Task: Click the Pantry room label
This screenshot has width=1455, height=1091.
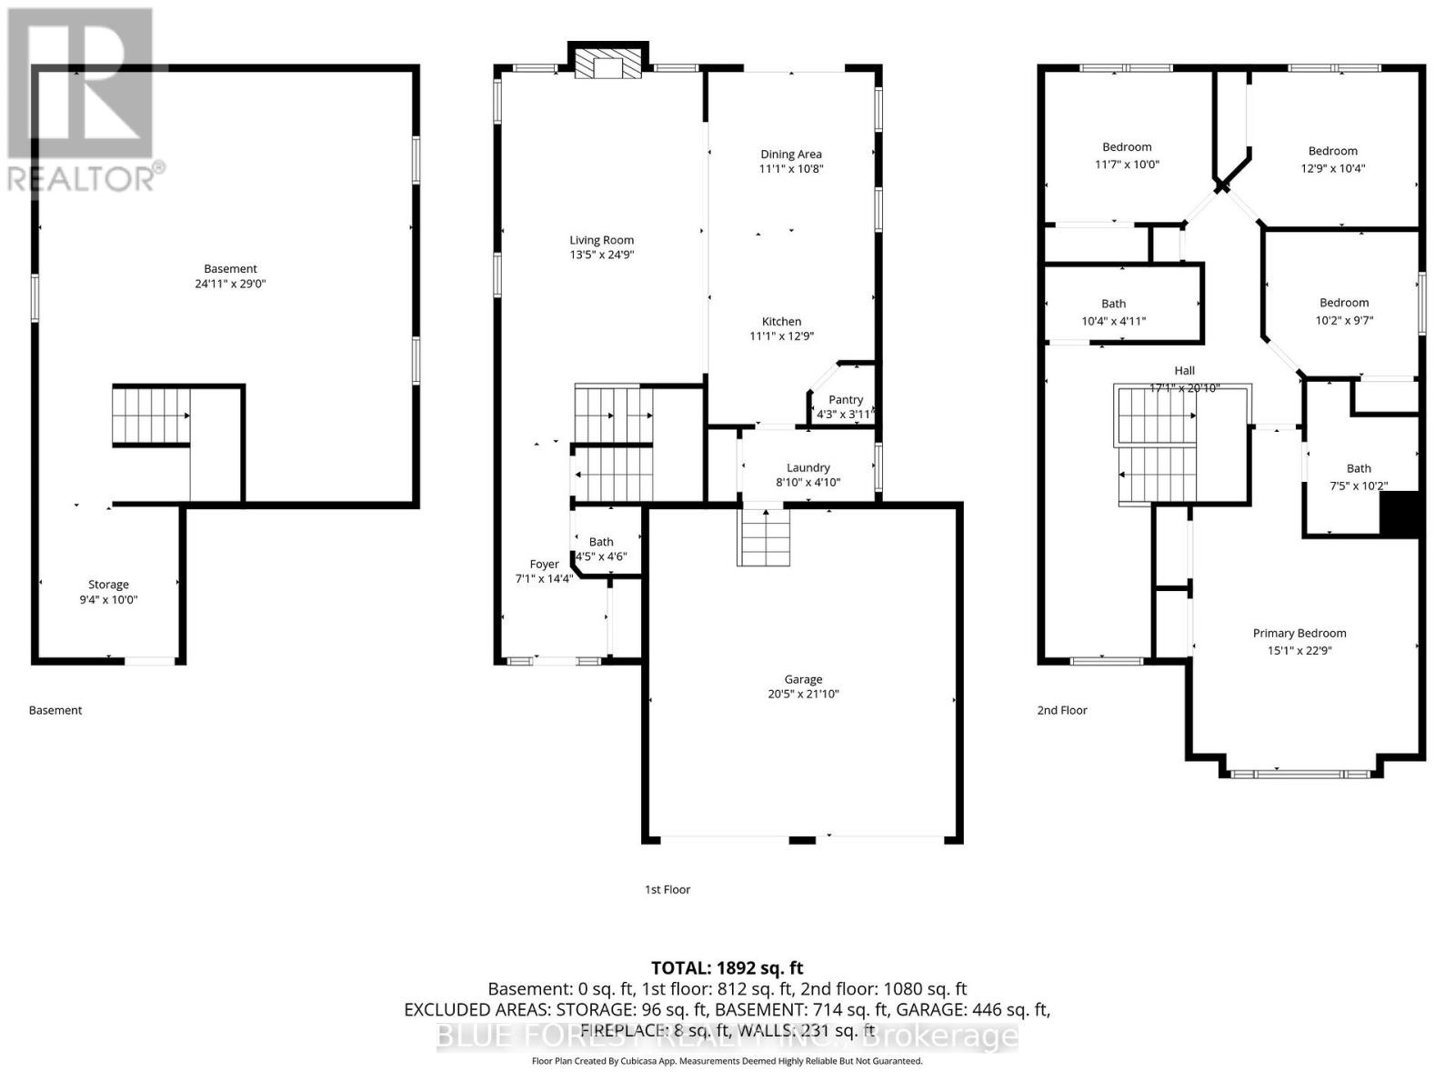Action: tap(846, 400)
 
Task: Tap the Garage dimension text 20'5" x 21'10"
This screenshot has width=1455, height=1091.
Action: tap(803, 695)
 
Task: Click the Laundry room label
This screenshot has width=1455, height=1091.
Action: tap(808, 467)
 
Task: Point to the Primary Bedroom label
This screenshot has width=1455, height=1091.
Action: tap(1299, 634)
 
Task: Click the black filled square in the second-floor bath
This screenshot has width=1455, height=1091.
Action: tap(1400, 515)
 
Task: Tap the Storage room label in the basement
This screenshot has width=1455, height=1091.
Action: tap(108, 585)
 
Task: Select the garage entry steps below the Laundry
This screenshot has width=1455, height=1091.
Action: tap(766, 537)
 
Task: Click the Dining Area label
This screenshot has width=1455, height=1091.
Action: tap(790, 155)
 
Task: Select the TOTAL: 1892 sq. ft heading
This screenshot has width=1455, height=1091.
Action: tap(727, 968)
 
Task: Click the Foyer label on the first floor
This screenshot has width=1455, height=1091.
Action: tap(544, 565)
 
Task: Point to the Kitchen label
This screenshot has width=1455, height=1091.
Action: tap(781, 322)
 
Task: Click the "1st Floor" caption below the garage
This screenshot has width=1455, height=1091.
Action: tap(667, 890)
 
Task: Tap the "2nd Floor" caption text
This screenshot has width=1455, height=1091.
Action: tap(1062, 711)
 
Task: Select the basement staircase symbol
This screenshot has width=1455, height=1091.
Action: tap(151, 415)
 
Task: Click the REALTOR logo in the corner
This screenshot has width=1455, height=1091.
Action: tap(84, 100)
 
